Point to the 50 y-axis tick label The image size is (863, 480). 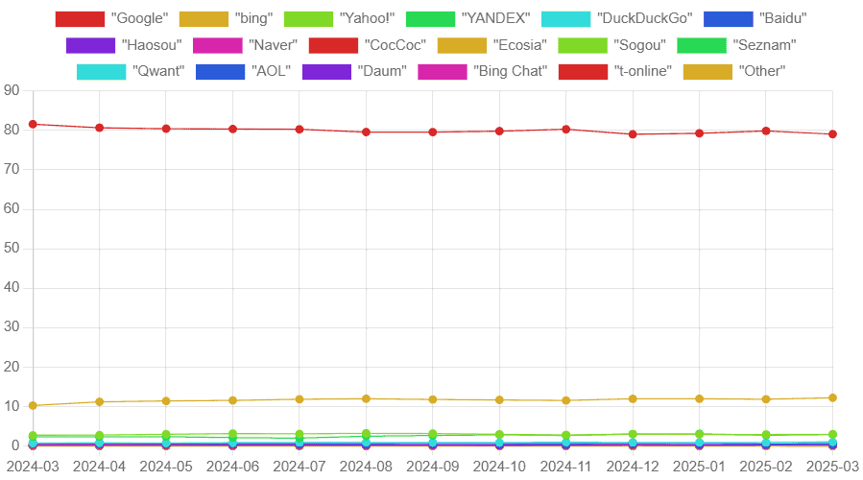coord(12,249)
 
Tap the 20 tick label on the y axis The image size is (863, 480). coord(12,368)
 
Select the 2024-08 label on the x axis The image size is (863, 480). coord(365,467)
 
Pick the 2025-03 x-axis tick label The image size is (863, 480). coord(831,467)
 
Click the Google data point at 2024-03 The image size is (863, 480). coord(33,124)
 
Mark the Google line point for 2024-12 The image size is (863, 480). coord(633,134)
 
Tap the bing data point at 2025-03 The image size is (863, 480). coord(832,397)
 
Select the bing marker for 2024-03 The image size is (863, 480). coord(33,405)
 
